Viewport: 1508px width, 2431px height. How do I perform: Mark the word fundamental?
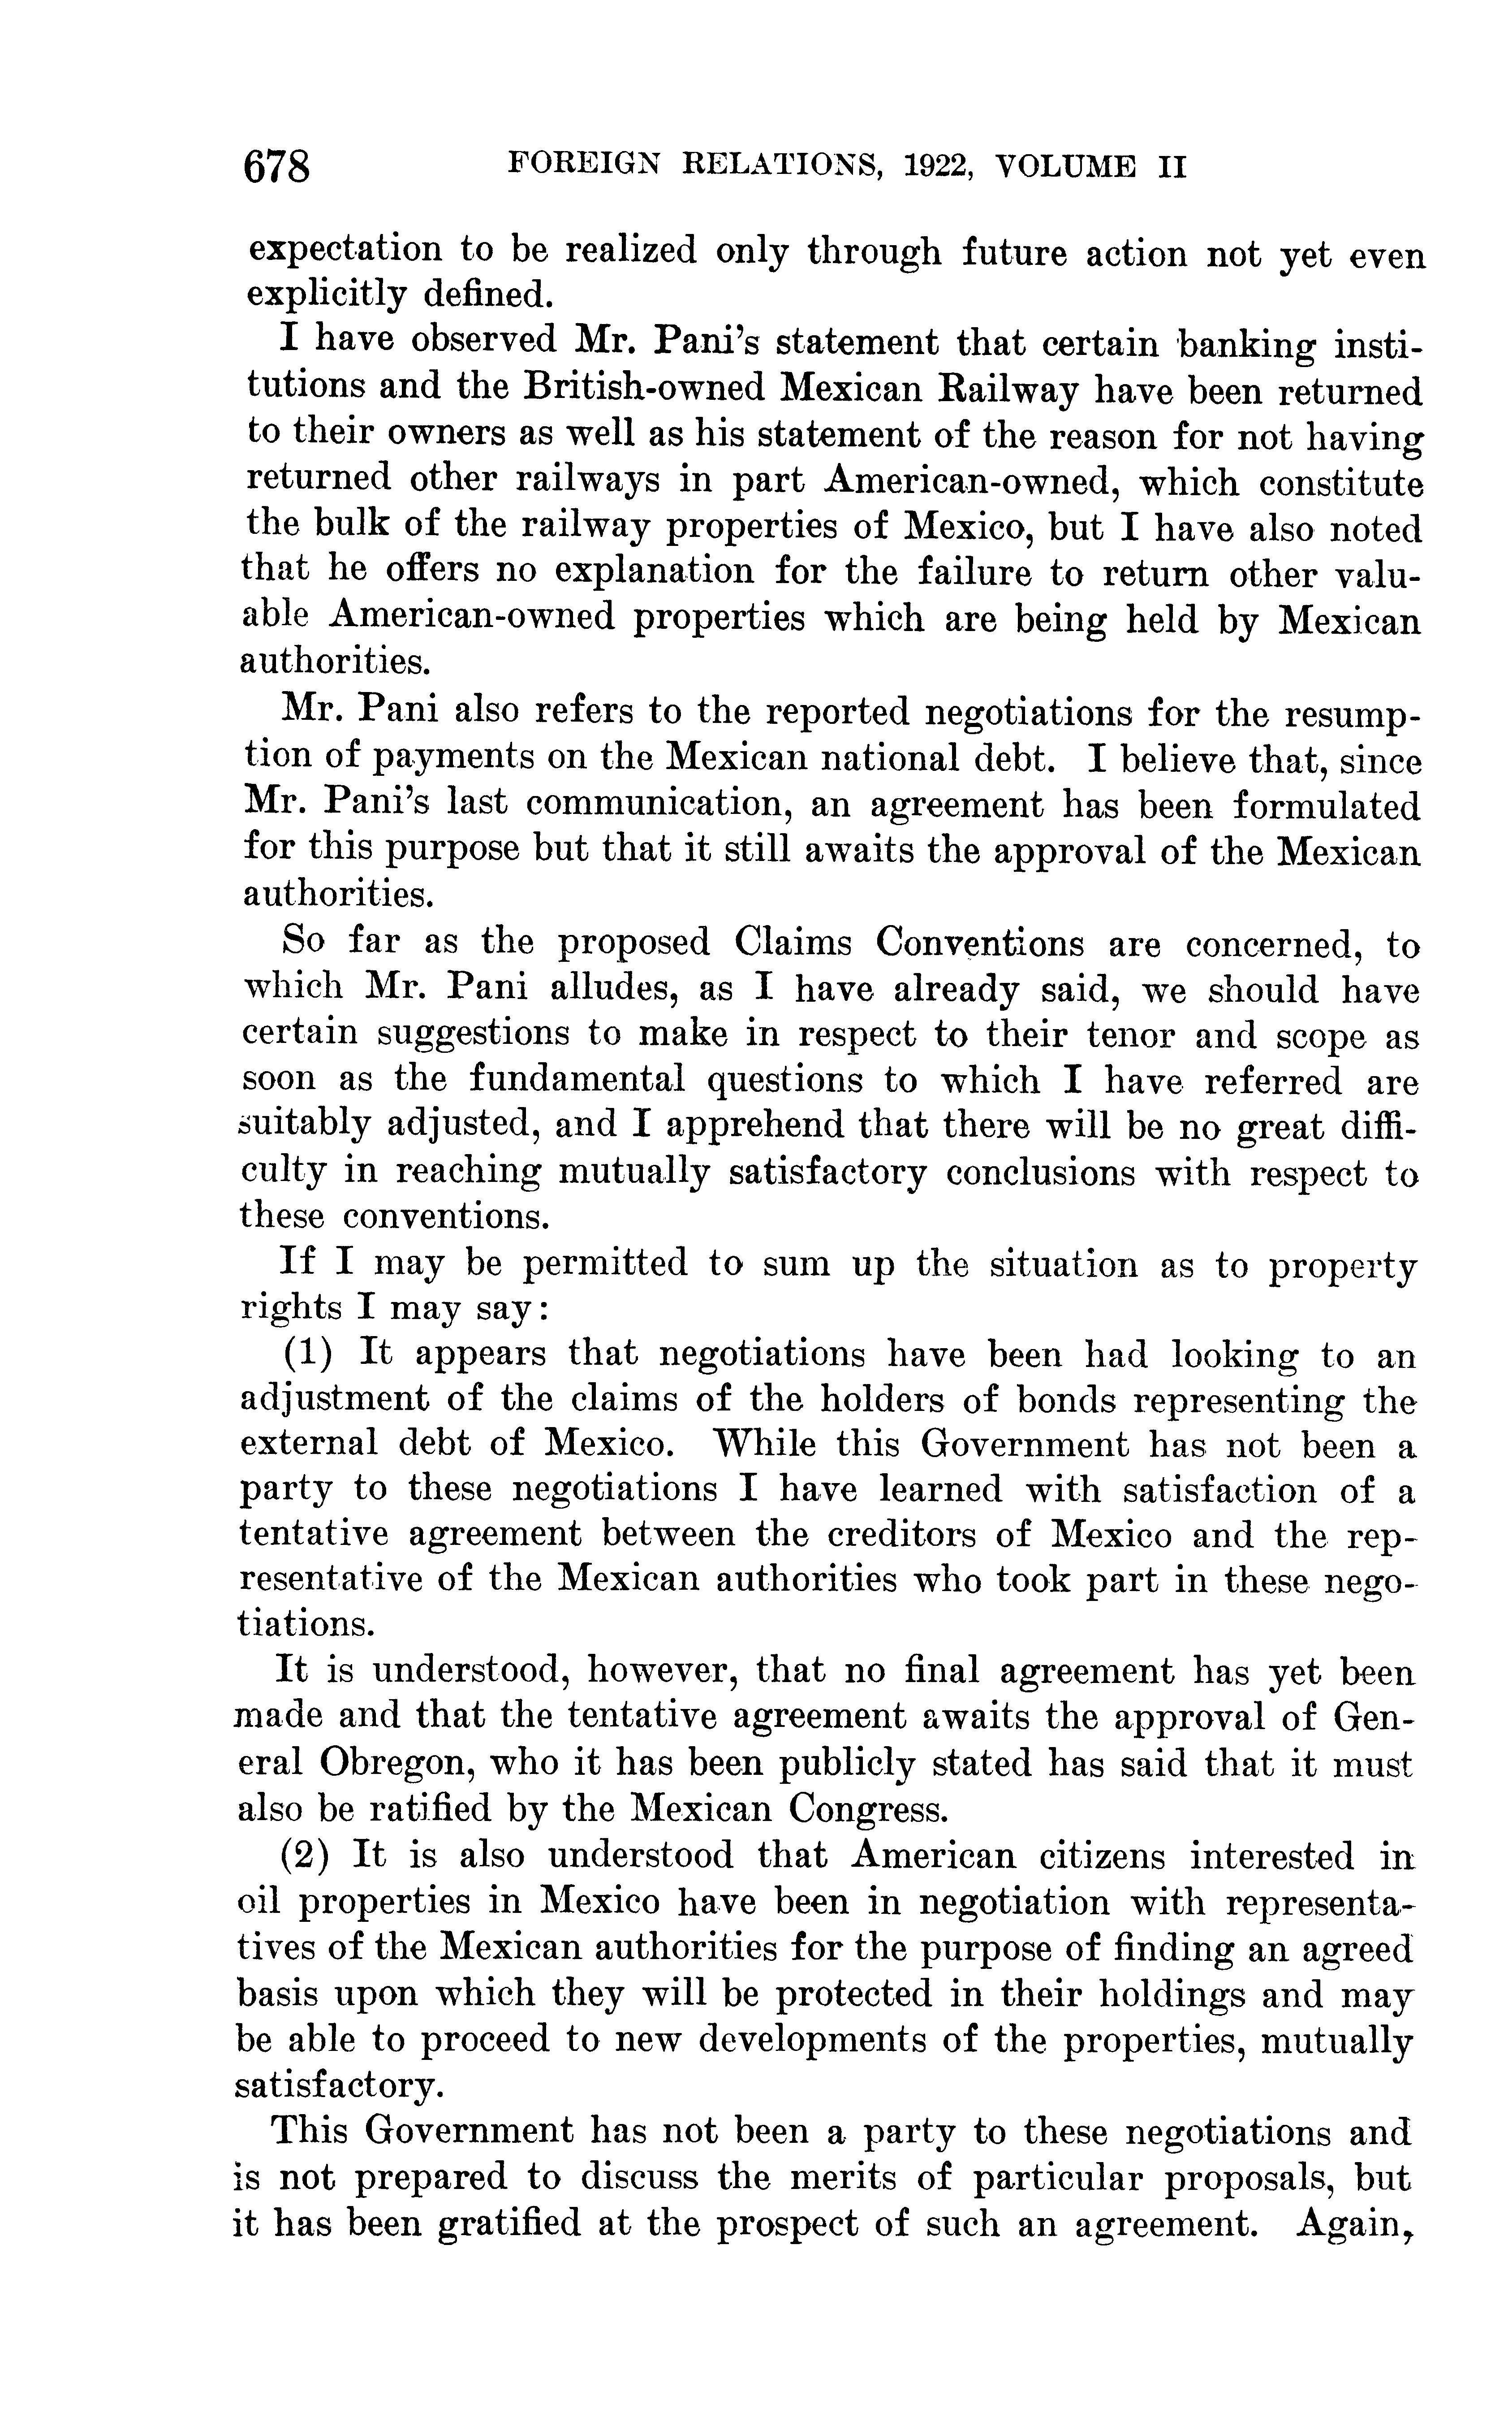click(577, 1080)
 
